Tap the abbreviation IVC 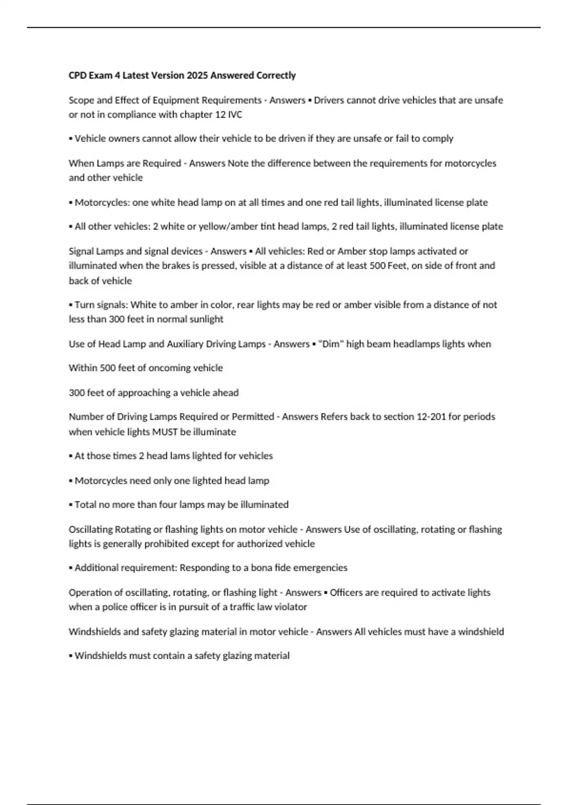235,115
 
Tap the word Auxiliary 185,344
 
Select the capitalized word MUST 164,432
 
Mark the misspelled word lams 178,456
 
